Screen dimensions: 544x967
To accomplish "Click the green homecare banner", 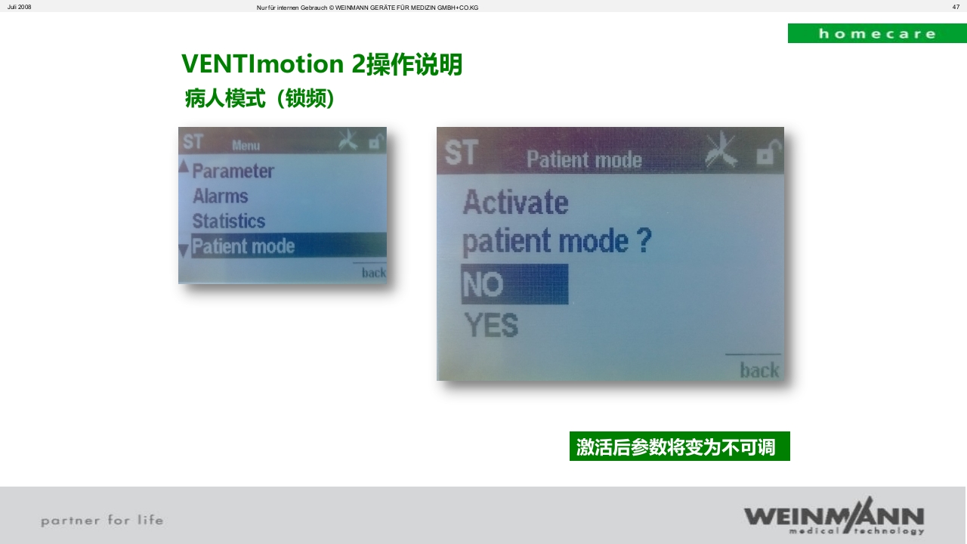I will (x=876, y=33).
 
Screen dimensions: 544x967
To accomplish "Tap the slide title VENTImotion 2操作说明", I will (x=322, y=64).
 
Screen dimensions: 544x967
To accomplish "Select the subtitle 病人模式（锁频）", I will (x=259, y=98).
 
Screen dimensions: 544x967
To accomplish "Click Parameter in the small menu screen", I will (x=233, y=171).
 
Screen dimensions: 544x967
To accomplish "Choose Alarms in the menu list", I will (x=220, y=196).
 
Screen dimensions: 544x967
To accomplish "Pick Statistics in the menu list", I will (x=229, y=221).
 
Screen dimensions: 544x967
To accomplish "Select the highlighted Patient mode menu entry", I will (x=243, y=246).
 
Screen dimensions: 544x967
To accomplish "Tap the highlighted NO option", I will (x=514, y=284).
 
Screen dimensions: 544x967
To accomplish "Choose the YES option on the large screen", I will (x=491, y=326).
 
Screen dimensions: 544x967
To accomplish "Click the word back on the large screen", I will (x=759, y=369).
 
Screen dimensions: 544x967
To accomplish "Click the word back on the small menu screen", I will (x=373, y=273).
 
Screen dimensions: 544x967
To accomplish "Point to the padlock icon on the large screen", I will (x=766, y=154).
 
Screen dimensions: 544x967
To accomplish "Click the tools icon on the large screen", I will (x=721, y=150).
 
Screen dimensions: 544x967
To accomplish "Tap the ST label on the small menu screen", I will (x=193, y=141).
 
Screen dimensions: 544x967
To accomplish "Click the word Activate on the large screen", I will (x=515, y=202).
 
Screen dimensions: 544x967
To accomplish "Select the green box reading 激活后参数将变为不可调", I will (x=679, y=447).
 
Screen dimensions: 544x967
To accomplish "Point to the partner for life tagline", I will (x=102, y=520).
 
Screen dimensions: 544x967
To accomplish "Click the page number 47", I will (x=956, y=7).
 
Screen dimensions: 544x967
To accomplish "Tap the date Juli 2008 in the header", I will (x=20, y=7).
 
